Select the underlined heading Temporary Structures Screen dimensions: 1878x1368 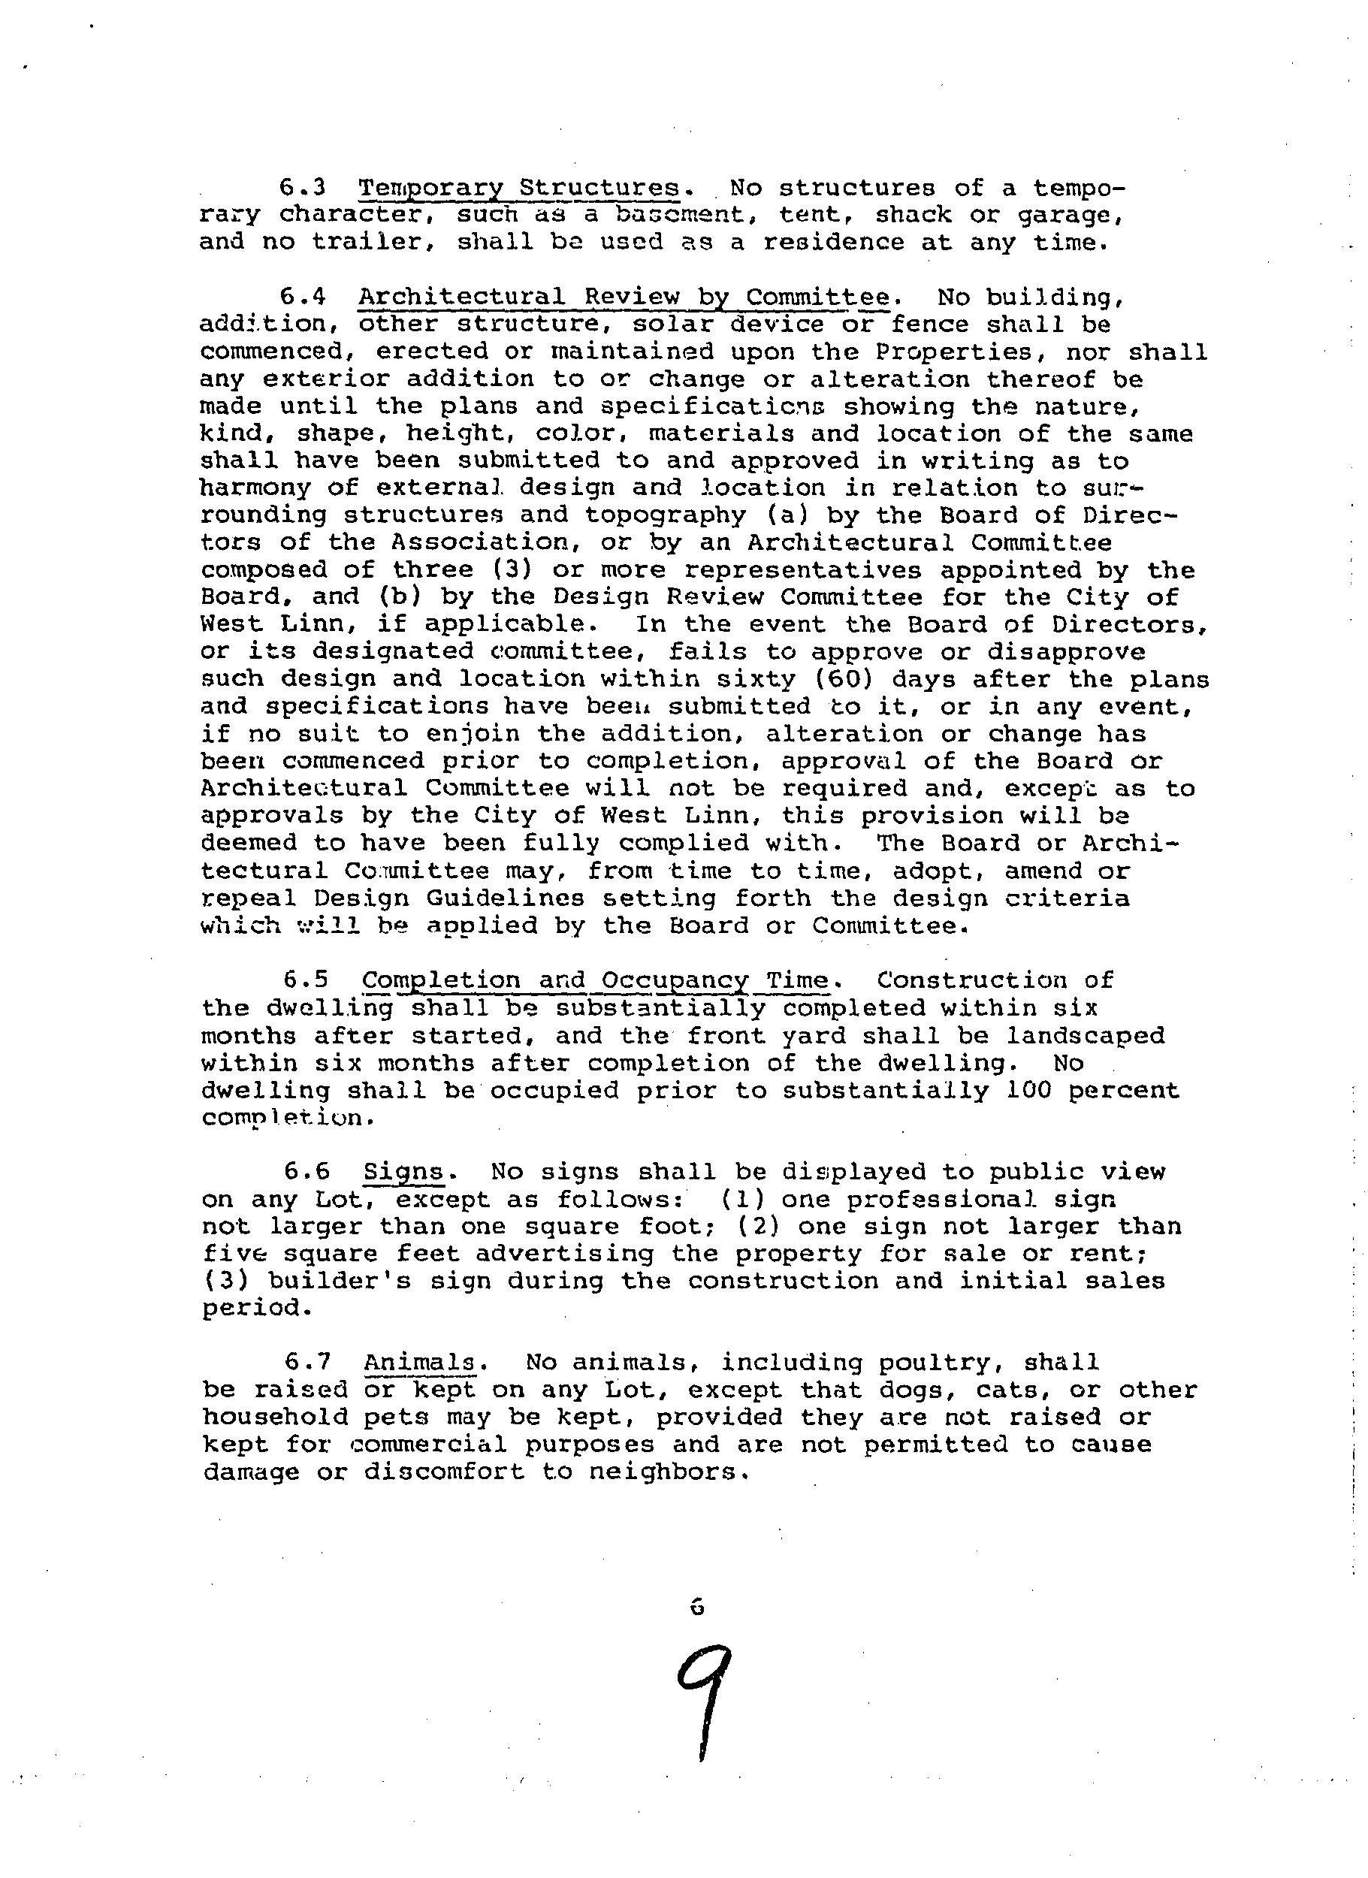(518, 188)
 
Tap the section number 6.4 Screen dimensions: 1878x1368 (301, 297)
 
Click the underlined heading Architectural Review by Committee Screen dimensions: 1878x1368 (624, 297)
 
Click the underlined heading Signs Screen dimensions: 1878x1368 (403, 1173)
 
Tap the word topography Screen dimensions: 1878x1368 (665, 515)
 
